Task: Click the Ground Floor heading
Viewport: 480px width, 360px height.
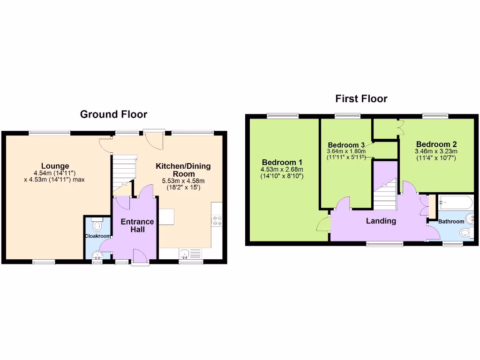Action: tap(113, 114)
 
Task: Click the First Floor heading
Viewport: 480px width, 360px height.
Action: tap(361, 99)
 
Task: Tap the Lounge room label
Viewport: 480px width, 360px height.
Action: tap(55, 165)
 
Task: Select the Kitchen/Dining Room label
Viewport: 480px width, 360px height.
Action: tap(183, 170)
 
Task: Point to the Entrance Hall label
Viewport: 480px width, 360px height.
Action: tap(137, 225)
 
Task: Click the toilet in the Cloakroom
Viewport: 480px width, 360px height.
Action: tap(97, 226)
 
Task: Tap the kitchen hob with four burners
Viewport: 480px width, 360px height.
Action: tap(217, 221)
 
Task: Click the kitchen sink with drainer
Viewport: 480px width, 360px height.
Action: tap(190, 254)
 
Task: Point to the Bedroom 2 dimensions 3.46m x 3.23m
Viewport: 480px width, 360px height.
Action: tap(436, 151)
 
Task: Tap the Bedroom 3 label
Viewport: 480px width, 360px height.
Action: tap(346, 144)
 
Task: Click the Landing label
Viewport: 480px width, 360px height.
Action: tap(381, 221)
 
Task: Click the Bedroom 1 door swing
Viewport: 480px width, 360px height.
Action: tap(323, 225)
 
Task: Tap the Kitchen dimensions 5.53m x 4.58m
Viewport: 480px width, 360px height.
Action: tap(183, 181)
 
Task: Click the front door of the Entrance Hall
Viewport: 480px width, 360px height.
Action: tap(140, 257)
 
